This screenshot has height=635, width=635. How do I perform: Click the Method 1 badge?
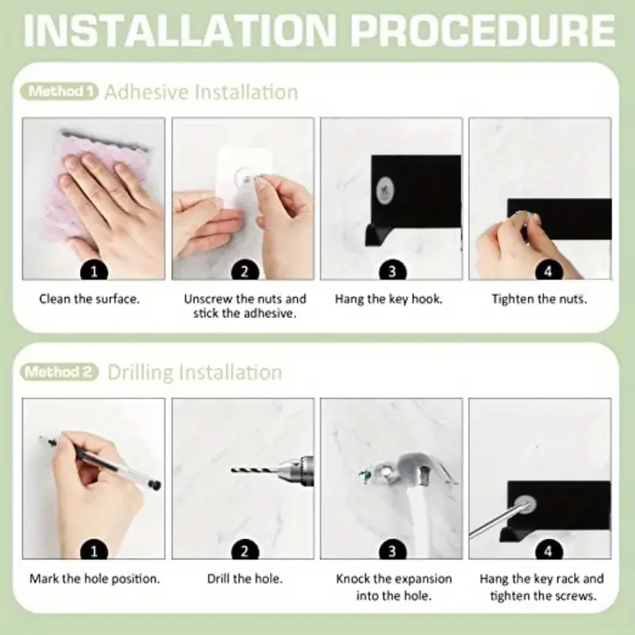[x=59, y=91]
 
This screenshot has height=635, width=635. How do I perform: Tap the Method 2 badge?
[x=59, y=371]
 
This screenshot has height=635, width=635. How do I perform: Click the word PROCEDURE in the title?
[x=483, y=31]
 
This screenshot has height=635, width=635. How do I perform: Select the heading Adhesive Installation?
[x=202, y=92]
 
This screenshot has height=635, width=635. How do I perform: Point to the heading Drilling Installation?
[x=194, y=372]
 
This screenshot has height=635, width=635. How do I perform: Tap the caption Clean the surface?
[x=89, y=299]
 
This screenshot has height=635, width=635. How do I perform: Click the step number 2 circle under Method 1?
[x=244, y=271]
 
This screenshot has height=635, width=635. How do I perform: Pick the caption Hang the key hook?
[x=389, y=299]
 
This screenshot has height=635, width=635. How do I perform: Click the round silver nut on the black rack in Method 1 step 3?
[x=386, y=190]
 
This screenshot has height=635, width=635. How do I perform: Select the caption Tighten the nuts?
[x=540, y=299]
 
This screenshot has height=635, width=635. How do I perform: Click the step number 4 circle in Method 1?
[x=548, y=271]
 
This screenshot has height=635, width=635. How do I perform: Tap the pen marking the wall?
[x=101, y=462]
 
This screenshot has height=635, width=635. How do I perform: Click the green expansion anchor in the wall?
[x=365, y=475]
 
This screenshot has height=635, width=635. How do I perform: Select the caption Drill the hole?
[x=244, y=579]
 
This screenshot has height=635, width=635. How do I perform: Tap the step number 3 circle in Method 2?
[x=392, y=551]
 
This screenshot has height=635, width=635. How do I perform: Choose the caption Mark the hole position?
[x=94, y=579]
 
